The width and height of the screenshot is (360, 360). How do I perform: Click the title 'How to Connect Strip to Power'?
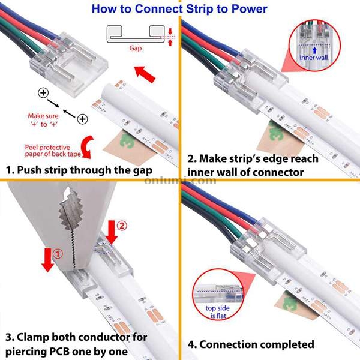click(180, 8)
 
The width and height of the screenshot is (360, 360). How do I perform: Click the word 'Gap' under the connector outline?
click(136, 48)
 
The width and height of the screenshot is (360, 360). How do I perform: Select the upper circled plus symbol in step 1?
click(43, 93)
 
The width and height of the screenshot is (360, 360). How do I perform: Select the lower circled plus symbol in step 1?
click(82, 119)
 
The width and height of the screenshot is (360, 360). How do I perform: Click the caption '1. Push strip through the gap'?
click(79, 170)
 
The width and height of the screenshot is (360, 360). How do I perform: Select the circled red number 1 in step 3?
click(58, 254)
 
